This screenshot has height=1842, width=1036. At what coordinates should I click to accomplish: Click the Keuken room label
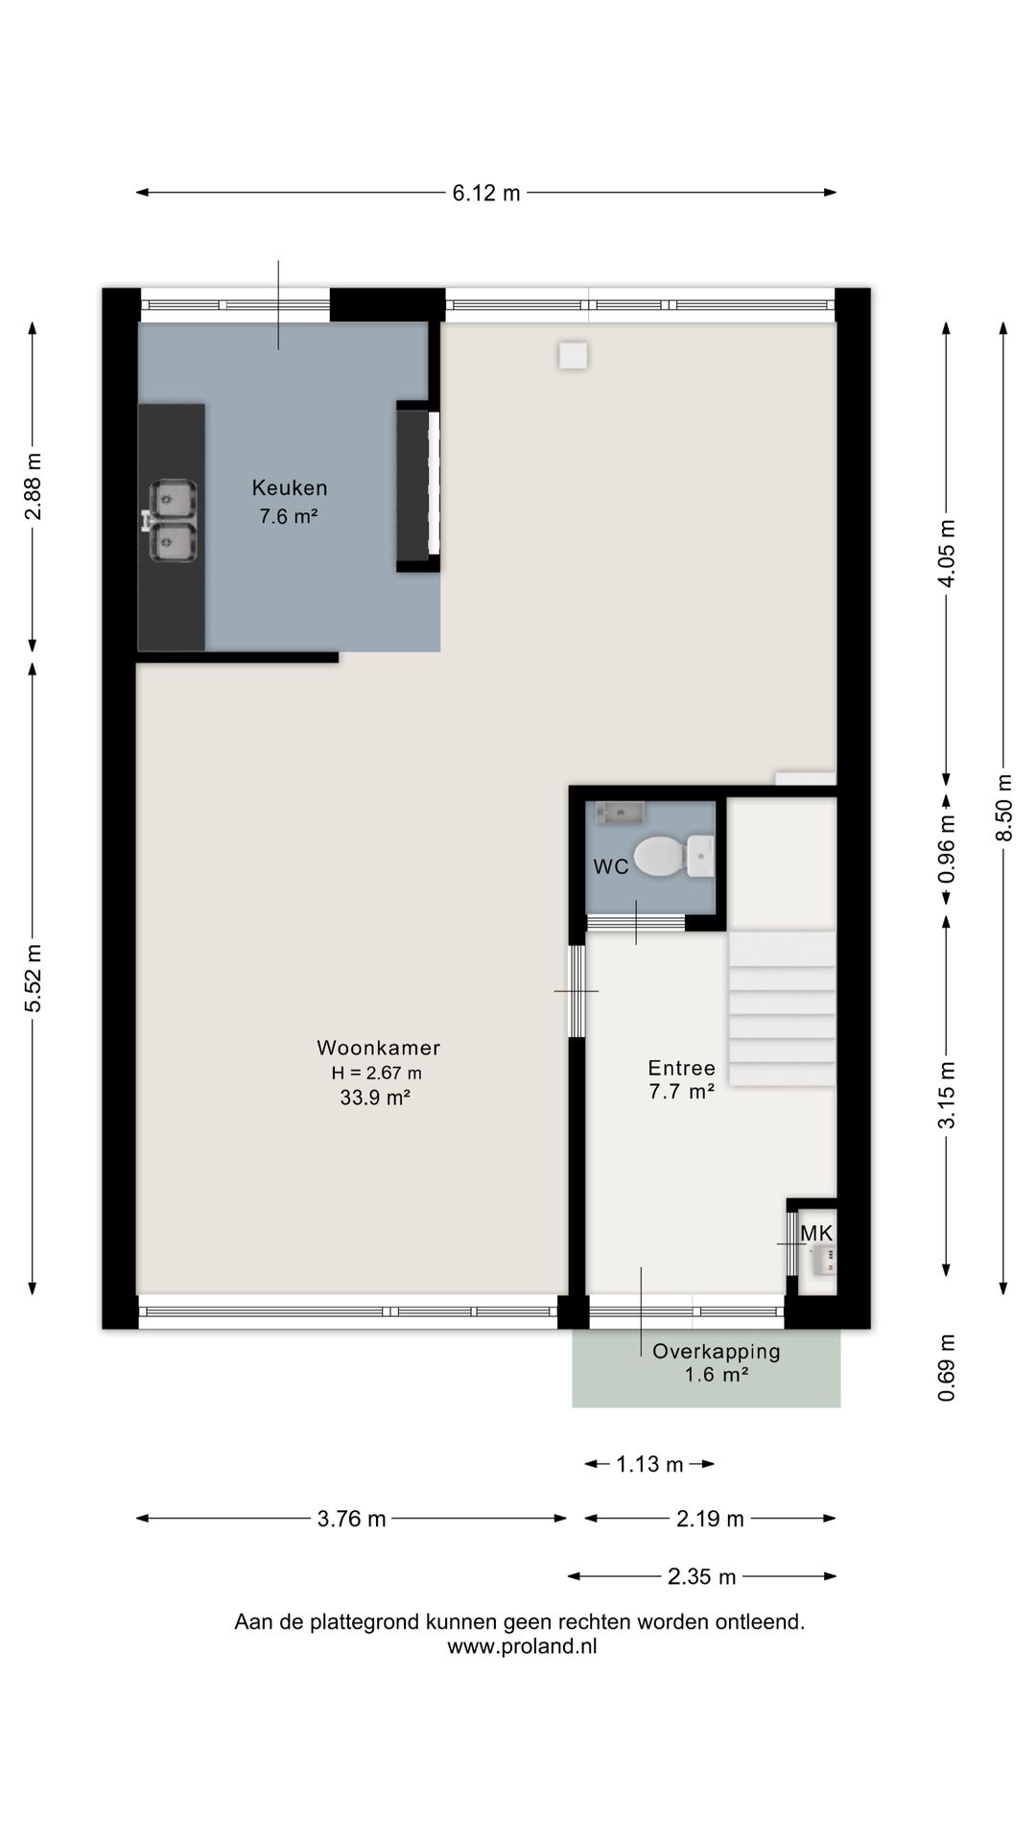pyautogui.click(x=290, y=487)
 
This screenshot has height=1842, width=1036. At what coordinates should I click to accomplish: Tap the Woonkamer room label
pyautogui.click(x=379, y=1048)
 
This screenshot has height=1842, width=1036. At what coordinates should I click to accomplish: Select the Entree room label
pyautogui.click(x=682, y=1068)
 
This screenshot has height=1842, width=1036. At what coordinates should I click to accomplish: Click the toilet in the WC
pyautogui.click(x=673, y=856)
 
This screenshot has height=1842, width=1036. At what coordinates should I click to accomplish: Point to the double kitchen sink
pyautogui.click(x=171, y=521)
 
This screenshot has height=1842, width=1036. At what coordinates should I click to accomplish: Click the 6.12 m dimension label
pyautogui.click(x=486, y=193)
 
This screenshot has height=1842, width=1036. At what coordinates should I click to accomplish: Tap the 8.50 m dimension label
pyautogui.click(x=1003, y=808)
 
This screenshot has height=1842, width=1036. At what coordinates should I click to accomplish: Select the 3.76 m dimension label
pyautogui.click(x=352, y=1519)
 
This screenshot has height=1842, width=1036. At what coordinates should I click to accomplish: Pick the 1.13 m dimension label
pyautogui.click(x=649, y=1464)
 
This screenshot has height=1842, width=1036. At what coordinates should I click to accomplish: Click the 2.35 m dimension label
pyautogui.click(x=702, y=1576)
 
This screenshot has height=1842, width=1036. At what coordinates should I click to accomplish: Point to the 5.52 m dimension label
pyautogui.click(x=34, y=978)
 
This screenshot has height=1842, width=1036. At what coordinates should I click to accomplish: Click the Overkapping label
pyautogui.click(x=717, y=1352)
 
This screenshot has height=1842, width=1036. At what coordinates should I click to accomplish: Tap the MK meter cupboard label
pyautogui.click(x=817, y=1233)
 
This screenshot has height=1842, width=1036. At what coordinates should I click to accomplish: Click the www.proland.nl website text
pyautogui.click(x=522, y=1646)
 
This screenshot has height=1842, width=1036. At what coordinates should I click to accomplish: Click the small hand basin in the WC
pyautogui.click(x=620, y=814)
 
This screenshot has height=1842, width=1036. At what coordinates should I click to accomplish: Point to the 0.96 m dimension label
pyautogui.click(x=947, y=849)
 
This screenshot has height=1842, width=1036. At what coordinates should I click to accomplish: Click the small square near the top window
pyautogui.click(x=574, y=356)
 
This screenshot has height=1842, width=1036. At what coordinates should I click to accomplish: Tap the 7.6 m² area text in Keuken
pyautogui.click(x=289, y=516)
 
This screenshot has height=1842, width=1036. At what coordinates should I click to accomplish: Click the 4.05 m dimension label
pyautogui.click(x=947, y=554)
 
